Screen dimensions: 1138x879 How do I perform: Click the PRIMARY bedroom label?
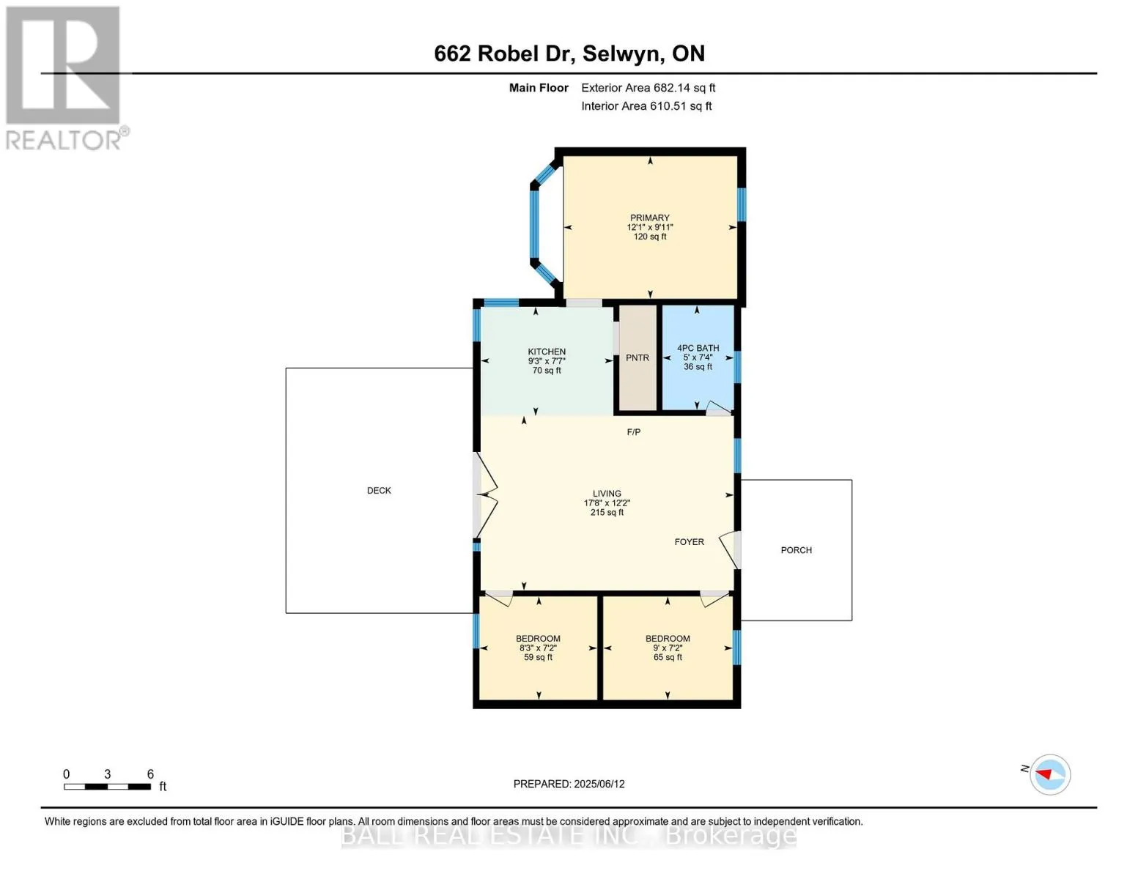(649, 218)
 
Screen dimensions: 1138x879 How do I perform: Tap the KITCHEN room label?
(546, 352)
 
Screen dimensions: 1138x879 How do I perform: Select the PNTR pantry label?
(638, 358)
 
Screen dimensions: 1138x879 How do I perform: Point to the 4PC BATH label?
(698, 348)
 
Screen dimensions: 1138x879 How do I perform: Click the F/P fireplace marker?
(634, 432)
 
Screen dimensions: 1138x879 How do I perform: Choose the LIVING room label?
(607, 494)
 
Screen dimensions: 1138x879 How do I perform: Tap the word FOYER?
(690, 542)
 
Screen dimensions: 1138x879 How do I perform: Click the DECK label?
(379, 491)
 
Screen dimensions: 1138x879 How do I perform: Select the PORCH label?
(796, 550)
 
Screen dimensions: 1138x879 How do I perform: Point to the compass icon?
(1049, 774)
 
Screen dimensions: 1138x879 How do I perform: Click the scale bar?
(108, 786)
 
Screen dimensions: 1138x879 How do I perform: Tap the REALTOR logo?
(64, 78)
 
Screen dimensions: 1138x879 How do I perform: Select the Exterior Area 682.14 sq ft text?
(648, 88)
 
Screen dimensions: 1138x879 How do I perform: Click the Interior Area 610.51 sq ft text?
(646, 106)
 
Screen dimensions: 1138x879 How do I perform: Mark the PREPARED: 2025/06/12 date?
(569, 784)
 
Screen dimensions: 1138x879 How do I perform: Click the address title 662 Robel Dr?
(501, 53)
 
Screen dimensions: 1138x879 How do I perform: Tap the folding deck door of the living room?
(485, 495)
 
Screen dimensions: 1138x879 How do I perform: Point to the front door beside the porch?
(730, 550)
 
